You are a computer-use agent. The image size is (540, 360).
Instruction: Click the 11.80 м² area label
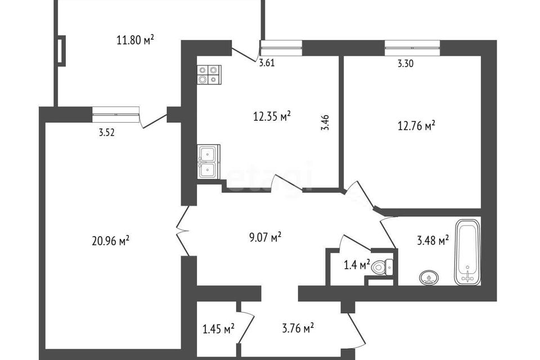coord(135,40)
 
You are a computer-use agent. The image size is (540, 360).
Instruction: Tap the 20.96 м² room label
coord(111,240)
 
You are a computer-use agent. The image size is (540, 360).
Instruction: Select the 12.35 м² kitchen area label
coord(272,116)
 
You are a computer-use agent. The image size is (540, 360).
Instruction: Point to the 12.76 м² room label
coord(416,126)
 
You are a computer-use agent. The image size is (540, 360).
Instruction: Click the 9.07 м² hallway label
coord(265,237)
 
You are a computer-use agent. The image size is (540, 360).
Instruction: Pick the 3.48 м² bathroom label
coord(433,240)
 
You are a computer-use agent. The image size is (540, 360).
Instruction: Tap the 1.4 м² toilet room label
coord(357,265)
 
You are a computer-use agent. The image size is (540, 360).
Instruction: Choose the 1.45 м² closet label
coord(219,328)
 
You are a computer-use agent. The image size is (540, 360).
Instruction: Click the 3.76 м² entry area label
coord(298,328)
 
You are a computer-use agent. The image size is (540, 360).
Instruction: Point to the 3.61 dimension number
coord(267,64)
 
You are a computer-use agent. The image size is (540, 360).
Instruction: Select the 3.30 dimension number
coord(406,64)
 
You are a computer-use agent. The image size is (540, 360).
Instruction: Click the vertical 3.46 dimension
coord(325,122)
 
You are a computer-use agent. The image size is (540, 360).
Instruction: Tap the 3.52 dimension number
coord(106,133)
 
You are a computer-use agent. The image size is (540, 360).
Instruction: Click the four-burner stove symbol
coord(209,75)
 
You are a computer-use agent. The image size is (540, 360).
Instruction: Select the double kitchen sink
coord(209,161)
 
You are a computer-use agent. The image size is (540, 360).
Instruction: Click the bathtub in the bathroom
coord(467,253)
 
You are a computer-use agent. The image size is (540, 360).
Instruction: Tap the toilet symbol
coord(382,266)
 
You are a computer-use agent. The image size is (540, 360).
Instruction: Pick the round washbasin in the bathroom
coord(429,277)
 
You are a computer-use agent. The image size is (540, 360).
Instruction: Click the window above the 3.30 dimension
coord(412,48)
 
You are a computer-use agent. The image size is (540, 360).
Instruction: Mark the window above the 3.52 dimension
coord(116,114)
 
